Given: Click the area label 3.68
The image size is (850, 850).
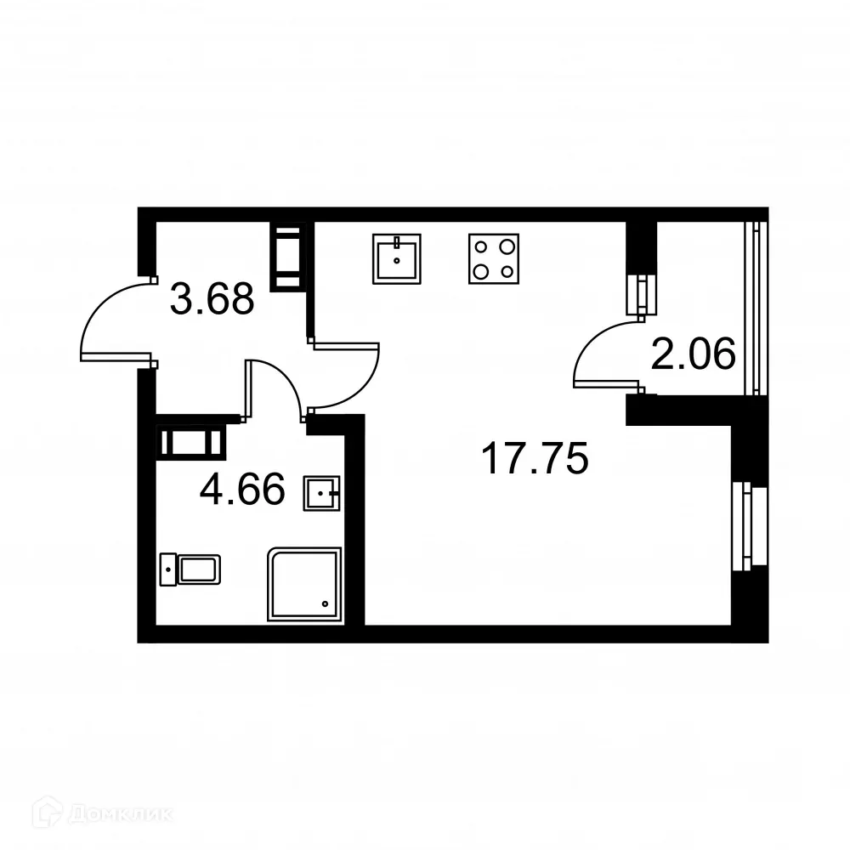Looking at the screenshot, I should [x=212, y=299].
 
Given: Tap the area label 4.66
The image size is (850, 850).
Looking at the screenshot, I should [x=241, y=490].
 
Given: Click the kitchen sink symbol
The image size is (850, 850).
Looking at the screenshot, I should [x=397, y=258].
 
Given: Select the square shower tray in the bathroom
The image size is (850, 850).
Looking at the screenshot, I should [x=305, y=584].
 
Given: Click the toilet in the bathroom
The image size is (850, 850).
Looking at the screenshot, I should [x=190, y=569].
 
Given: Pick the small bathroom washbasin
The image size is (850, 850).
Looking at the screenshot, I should [x=321, y=492].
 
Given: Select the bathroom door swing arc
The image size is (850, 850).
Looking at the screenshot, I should [x=276, y=387].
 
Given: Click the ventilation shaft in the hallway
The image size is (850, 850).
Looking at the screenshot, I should [x=286, y=257].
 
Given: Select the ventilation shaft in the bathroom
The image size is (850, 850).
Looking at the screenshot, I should [x=192, y=442].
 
